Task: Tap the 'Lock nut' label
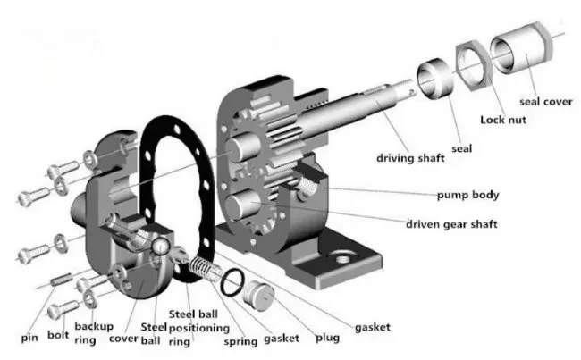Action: coord(505,119)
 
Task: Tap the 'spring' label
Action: coord(240,340)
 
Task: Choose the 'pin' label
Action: coord(29,338)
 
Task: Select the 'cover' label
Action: coord(122,338)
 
